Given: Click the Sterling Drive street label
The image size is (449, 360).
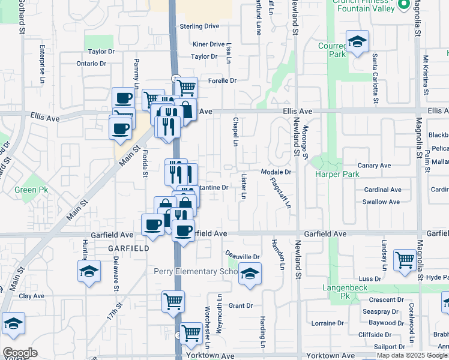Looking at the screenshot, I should point(200,26).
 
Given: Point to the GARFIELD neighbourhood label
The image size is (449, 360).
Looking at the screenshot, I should point(128,248).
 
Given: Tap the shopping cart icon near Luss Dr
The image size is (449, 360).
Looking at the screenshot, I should point(405,260).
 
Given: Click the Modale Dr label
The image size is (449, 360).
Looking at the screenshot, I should point(276,172).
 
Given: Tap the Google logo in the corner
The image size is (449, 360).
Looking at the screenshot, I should point(20,353).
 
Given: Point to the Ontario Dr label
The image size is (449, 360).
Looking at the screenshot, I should point(91,64).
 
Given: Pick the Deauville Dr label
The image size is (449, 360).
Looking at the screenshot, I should point(243,257).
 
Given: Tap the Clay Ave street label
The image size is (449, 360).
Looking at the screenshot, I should point(32,296).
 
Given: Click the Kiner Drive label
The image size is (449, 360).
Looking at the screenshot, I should point(208,44).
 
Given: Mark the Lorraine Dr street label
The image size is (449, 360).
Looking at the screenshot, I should point(328,323).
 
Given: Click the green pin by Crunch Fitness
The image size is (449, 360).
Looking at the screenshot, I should point(402,5).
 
